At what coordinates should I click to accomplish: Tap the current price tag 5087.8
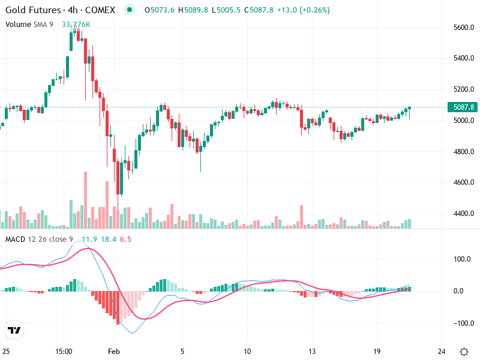[x=464, y=107]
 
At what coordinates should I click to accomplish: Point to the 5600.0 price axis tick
[x=464, y=28]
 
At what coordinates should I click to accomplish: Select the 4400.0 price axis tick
[x=464, y=214]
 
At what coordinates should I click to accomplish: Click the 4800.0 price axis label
[x=464, y=152]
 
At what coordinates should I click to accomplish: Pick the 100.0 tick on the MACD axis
[x=462, y=260]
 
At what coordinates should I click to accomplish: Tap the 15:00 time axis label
[x=64, y=351]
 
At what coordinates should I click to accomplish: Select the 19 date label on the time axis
[x=376, y=351]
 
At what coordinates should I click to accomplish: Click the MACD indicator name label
[x=16, y=239]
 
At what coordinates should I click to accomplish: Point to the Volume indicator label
[x=18, y=24]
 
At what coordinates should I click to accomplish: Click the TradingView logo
[x=14, y=330]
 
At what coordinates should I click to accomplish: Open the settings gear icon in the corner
[x=464, y=351]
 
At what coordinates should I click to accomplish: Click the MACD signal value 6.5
[x=125, y=239]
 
